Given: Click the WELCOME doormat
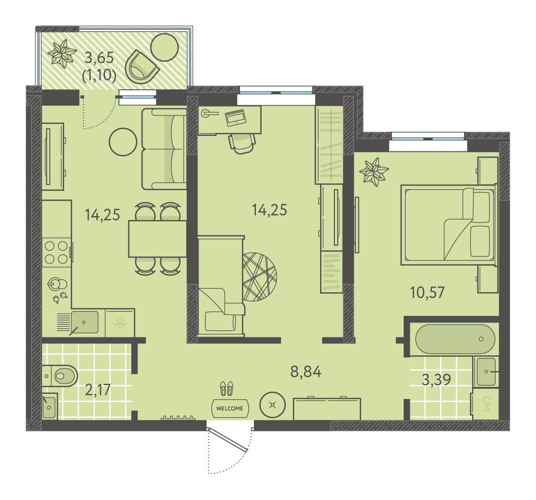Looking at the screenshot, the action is point(230,408).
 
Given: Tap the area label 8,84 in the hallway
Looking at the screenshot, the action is point(306,371).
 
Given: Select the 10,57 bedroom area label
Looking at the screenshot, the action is point(427,292).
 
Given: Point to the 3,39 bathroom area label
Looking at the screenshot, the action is point(436,379).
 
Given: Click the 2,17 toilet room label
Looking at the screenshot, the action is point(98,390).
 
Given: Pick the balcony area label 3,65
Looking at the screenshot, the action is point(99,57).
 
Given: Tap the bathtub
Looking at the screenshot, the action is point(455,338).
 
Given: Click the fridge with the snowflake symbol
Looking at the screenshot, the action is point(120,323).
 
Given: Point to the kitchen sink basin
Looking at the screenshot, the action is point(85,322).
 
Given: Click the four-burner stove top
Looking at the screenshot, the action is point(57,252).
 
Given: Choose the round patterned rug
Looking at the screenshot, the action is point(260,277).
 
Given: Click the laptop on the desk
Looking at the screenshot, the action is point(235,118).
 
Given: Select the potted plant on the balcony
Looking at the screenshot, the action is point(62,54).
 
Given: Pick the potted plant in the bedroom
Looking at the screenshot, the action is point(374,172).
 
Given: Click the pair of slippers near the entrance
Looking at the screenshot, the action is point(227,389).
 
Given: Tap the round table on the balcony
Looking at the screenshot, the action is point(165,47).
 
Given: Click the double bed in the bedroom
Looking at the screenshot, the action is point(448,225).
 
